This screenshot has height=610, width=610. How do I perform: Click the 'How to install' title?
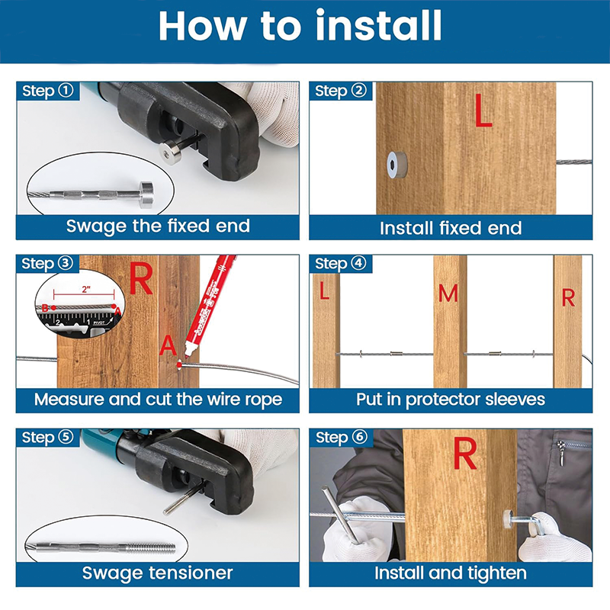pos(300,26)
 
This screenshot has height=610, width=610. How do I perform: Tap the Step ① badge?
pos(47,91)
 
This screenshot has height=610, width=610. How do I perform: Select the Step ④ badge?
pos(340,264)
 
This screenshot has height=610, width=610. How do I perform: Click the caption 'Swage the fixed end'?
pos(158,226)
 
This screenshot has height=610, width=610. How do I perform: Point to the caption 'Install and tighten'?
pos(451,573)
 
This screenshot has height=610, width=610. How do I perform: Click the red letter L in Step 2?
pos(483,111)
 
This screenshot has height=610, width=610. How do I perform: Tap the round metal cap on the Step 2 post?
pos(394,161)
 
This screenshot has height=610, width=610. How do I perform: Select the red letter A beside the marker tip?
pos(168,346)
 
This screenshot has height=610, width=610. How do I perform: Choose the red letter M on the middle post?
pos(448,292)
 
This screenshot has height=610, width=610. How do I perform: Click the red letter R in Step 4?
pos(568,298)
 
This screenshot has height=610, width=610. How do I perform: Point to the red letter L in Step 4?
pos(325,291)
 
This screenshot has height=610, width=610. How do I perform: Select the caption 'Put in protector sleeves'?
pos(451,399)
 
